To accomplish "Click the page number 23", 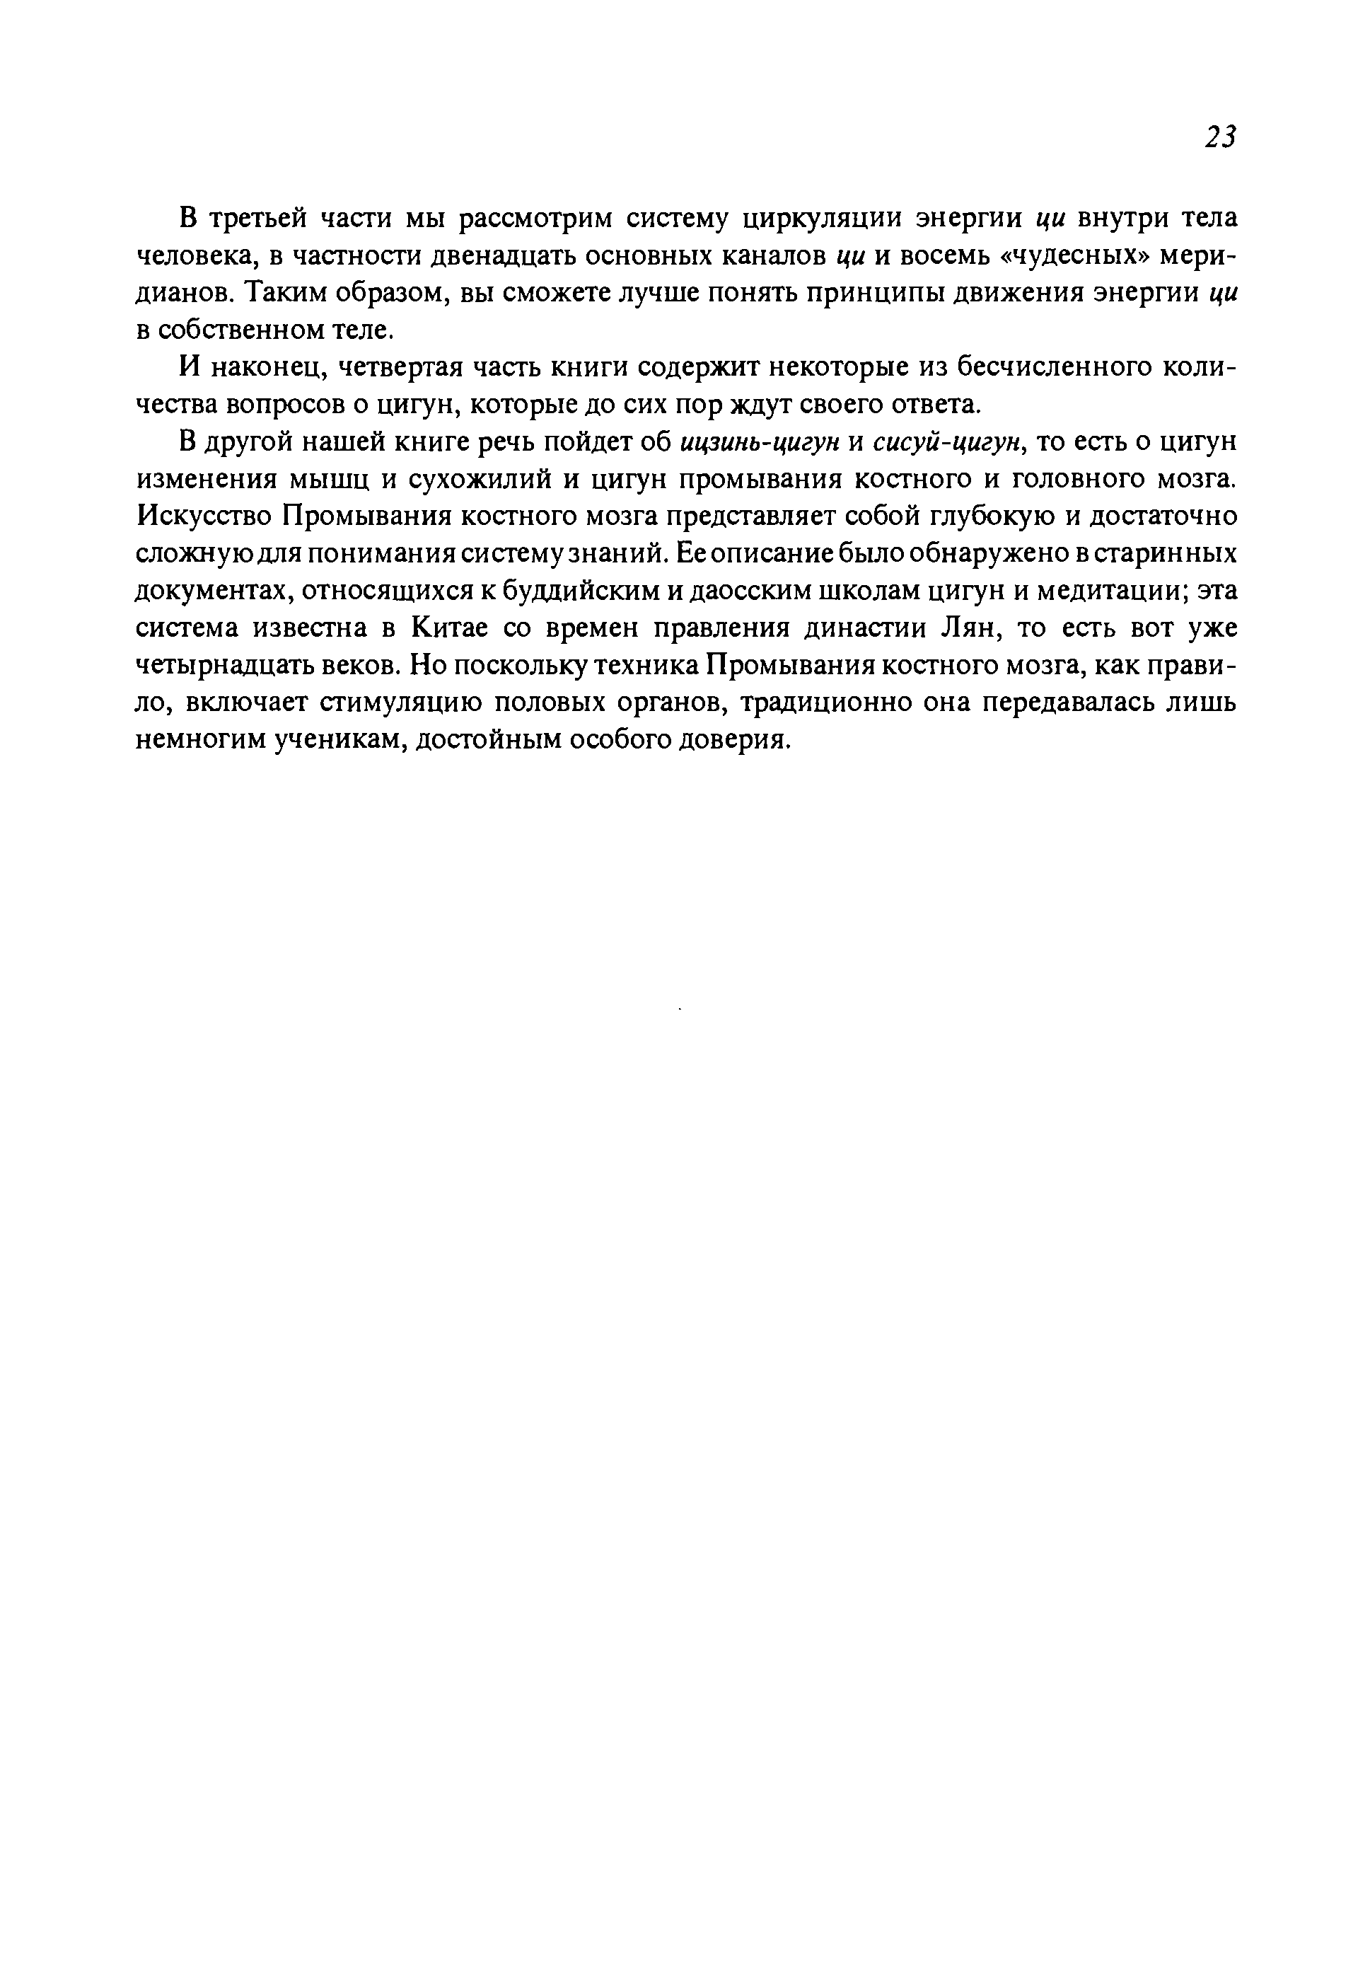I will coord(1219,137).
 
